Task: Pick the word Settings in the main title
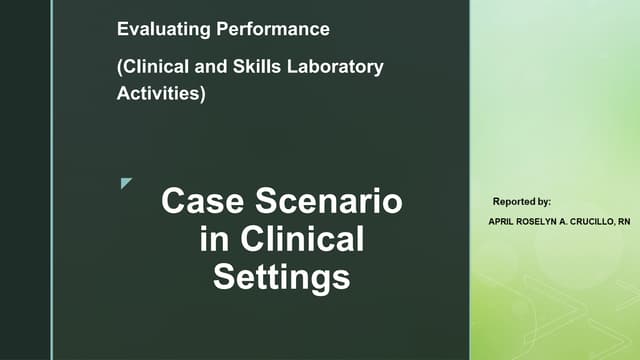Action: pyautogui.click(x=281, y=275)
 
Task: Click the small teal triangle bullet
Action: pyautogui.click(x=126, y=184)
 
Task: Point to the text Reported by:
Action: pyautogui.click(x=522, y=201)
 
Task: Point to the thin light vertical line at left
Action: pyautogui.click(x=52, y=180)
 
